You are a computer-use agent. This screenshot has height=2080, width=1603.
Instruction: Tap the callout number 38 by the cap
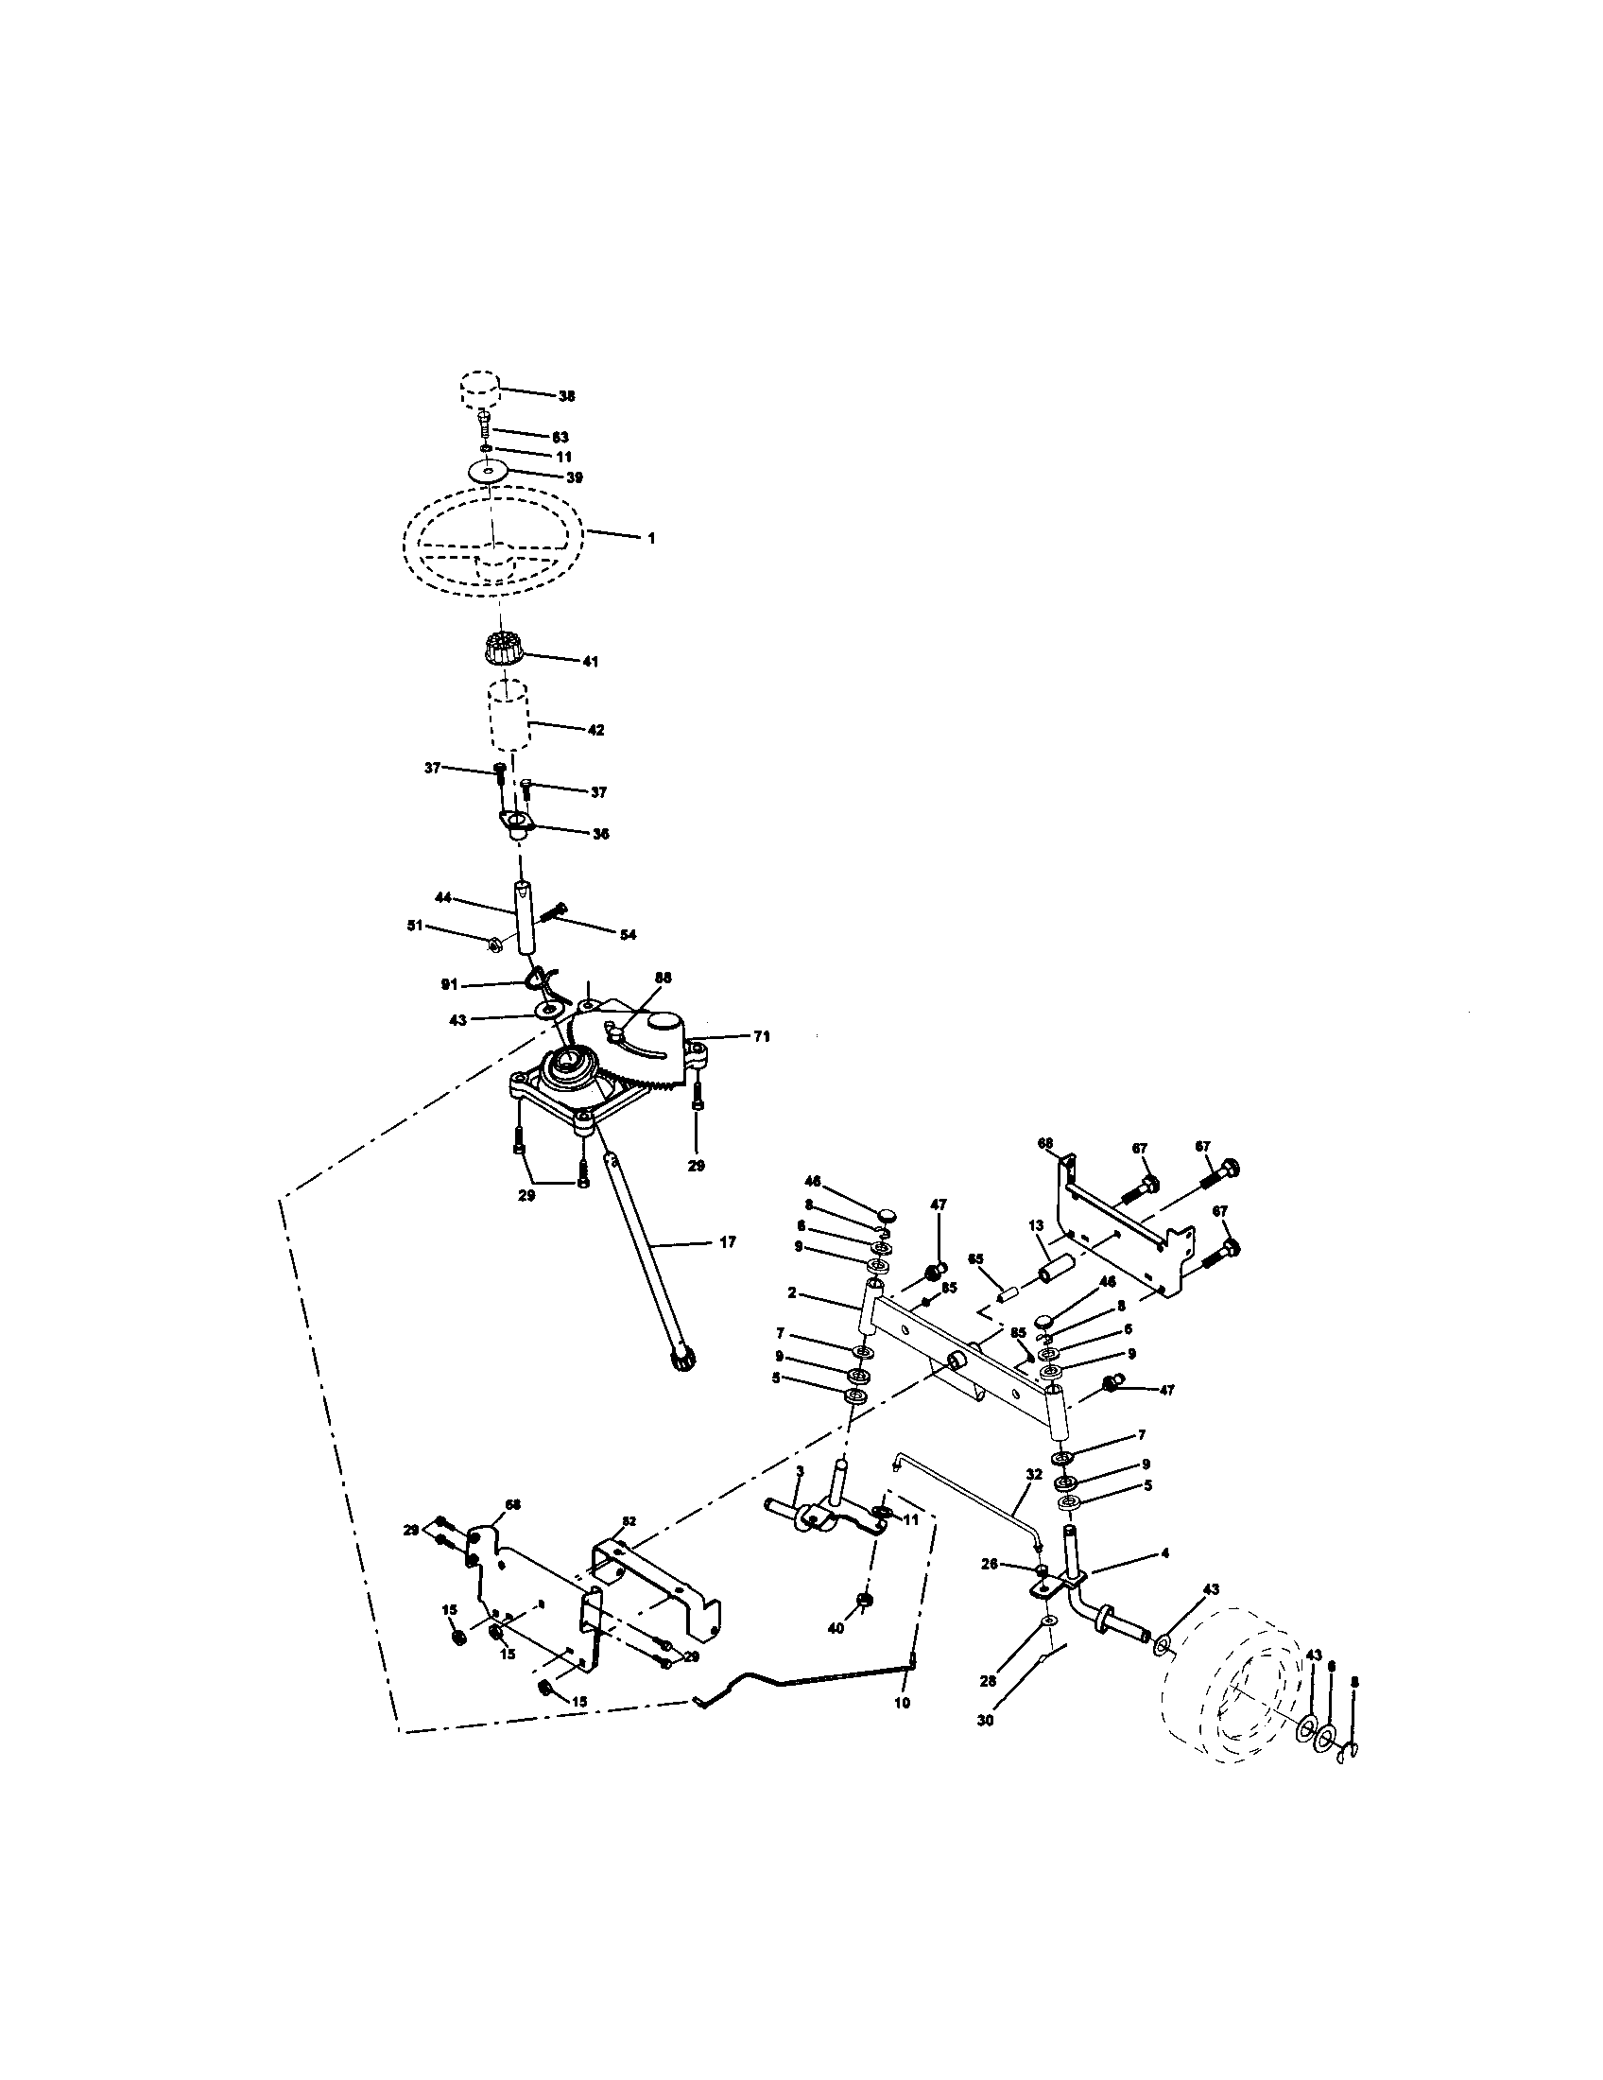pos(566,396)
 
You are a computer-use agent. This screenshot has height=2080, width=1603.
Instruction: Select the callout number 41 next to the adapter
pos(590,662)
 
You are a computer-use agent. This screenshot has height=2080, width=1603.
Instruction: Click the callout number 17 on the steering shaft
pos(727,1242)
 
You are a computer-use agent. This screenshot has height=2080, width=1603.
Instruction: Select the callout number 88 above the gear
pos(664,978)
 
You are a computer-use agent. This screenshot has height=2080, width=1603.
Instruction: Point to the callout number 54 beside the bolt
pos(628,935)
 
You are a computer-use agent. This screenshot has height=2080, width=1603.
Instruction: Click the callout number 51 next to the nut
pos(415,926)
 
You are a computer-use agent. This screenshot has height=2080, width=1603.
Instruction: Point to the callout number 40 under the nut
pos(836,1629)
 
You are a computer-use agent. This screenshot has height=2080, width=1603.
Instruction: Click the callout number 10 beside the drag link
pos(902,1703)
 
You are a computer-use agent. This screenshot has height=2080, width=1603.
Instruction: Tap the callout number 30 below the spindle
pos(985,1721)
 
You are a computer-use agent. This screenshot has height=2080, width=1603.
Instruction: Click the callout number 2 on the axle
pos(791,1294)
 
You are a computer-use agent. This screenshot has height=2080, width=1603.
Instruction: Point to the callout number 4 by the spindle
pos(1164,1552)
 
